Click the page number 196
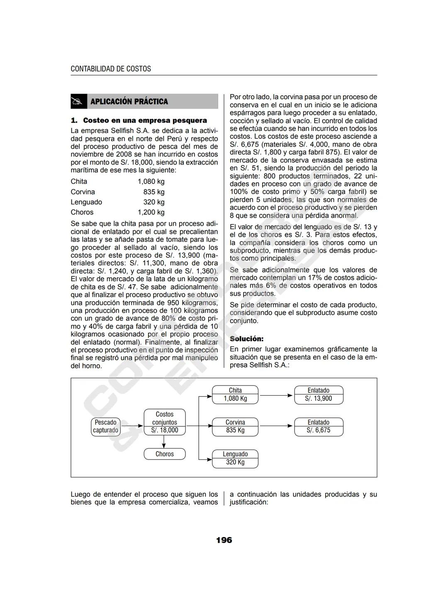[x=224, y=540]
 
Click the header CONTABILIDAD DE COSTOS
[x=111, y=69]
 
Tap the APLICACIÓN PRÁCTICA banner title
[x=129, y=102]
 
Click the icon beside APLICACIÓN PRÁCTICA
[x=78, y=102]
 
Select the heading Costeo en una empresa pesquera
[x=145, y=121]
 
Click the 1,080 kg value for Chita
[x=151, y=181]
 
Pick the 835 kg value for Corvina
[x=154, y=192]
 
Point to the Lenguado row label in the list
[x=86, y=202]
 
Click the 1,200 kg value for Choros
[x=151, y=212]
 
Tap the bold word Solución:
[x=246, y=339]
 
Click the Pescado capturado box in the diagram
[x=105, y=426]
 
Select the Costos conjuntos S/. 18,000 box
[x=165, y=422]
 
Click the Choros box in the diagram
[x=165, y=454]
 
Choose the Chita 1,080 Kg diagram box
[x=235, y=394]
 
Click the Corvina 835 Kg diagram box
[x=235, y=426]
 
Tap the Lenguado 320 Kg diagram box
[x=235, y=458]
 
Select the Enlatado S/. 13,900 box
[x=319, y=394]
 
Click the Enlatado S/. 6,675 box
[x=319, y=426]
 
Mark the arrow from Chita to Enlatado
[x=276, y=395]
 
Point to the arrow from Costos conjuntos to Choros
[x=165, y=442]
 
